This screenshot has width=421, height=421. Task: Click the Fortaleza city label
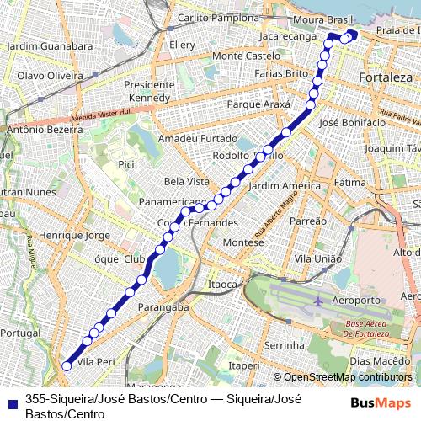tap(385, 77)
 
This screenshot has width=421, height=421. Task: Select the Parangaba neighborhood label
tap(163, 307)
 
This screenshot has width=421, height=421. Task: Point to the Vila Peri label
tap(95, 361)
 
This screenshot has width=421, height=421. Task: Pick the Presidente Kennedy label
tap(150, 92)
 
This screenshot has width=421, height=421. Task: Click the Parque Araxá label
tap(258, 105)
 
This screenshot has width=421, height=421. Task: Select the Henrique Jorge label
tap(75, 235)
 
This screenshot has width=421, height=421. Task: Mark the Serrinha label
tap(285, 346)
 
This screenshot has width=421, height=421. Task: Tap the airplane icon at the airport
tap(319, 300)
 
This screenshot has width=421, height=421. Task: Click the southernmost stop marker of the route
tap(67, 366)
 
